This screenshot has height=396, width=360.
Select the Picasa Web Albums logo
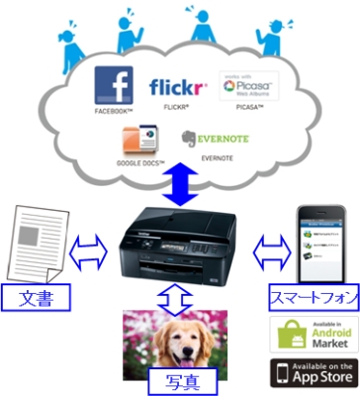click(245, 87)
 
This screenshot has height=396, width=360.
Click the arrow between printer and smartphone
click(268, 248)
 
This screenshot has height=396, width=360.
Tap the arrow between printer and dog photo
click(173, 296)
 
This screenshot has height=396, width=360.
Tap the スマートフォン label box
click(313, 295)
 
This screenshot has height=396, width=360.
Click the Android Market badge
click(314, 334)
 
